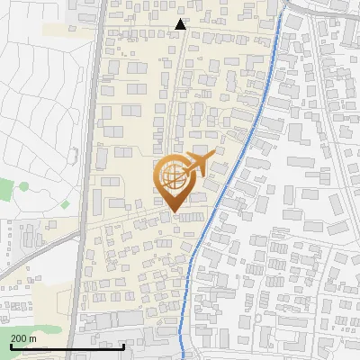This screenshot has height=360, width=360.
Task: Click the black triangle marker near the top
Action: tap(181, 24)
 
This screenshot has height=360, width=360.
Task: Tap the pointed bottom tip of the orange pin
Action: tap(173, 211)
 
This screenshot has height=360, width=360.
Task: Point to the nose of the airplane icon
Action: tap(215, 155)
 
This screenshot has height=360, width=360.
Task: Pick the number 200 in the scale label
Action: tap(18, 337)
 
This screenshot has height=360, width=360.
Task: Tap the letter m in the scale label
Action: tap(32, 337)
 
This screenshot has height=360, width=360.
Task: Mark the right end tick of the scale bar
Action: tap(123, 345)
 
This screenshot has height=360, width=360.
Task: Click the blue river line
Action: tap(232, 180)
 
